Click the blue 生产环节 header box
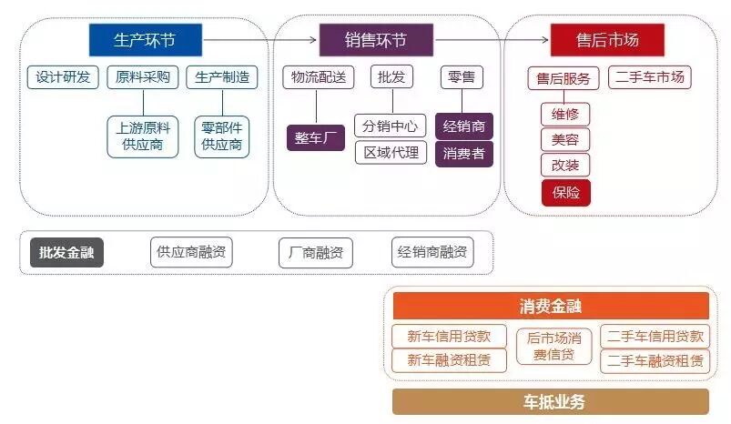[x=146, y=40]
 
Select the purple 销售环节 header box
[x=376, y=40]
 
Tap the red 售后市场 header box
[x=607, y=40]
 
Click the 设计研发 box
[x=63, y=77]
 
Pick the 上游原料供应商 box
[x=142, y=136]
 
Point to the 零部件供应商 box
[x=221, y=136]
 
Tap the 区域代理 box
[x=391, y=153]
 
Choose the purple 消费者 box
[x=464, y=154]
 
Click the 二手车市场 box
[x=649, y=77]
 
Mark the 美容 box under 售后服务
[x=565, y=140]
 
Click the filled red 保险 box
[x=565, y=193]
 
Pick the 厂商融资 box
[x=315, y=253]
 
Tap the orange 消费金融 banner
[x=551, y=306]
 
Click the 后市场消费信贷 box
[x=554, y=347]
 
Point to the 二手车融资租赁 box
[x=655, y=361]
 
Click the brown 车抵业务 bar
[x=551, y=401]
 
